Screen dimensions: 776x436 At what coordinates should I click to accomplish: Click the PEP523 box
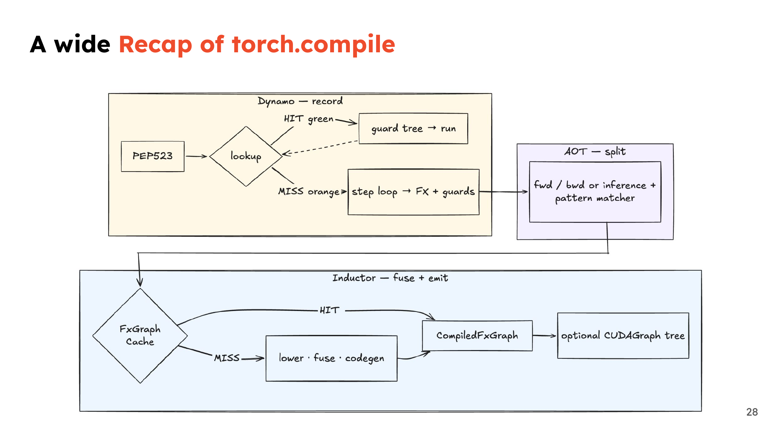click(x=153, y=156)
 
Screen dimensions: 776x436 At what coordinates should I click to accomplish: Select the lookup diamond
click(x=246, y=156)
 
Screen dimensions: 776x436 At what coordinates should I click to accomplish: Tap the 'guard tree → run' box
click(x=413, y=129)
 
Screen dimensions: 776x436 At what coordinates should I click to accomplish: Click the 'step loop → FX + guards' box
click(x=414, y=192)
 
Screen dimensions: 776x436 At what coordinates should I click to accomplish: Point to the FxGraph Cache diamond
click(x=140, y=336)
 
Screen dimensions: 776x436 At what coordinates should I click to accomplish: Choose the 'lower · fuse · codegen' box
click(x=331, y=358)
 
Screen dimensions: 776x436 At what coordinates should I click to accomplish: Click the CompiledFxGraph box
click(x=477, y=336)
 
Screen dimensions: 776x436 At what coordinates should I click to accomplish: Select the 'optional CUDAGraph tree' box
click(x=623, y=336)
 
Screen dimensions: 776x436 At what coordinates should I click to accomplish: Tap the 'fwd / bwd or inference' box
click(x=595, y=192)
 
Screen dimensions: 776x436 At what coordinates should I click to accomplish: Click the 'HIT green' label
click(x=308, y=119)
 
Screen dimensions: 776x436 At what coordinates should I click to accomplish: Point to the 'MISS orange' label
click(x=309, y=192)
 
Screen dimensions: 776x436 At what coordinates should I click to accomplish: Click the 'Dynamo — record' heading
click(x=300, y=101)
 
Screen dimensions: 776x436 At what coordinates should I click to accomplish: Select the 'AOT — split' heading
click(x=595, y=151)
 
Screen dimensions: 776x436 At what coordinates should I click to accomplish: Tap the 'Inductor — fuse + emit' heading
click(x=390, y=278)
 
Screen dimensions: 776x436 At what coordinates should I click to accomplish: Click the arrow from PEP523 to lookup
click(x=196, y=156)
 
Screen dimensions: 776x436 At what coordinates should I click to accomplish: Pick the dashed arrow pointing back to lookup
click(x=320, y=148)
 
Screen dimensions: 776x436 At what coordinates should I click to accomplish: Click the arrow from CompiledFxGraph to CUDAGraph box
click(x=544, y=336)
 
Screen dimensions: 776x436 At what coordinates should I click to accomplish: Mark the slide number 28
click(x=752, y=412)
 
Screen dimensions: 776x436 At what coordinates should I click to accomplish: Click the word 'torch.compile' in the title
click(x=314, y=45)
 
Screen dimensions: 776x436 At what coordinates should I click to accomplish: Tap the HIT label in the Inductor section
click(x=329, y=310)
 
